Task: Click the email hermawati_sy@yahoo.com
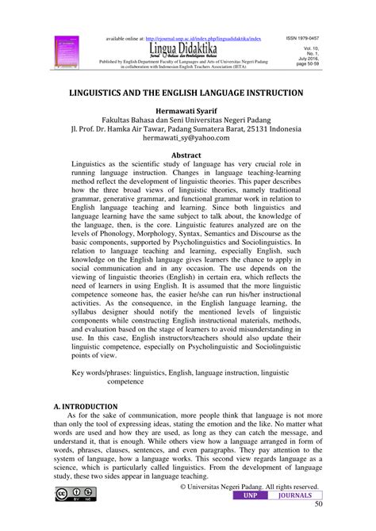(188, 137)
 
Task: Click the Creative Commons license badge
(71, 495)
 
